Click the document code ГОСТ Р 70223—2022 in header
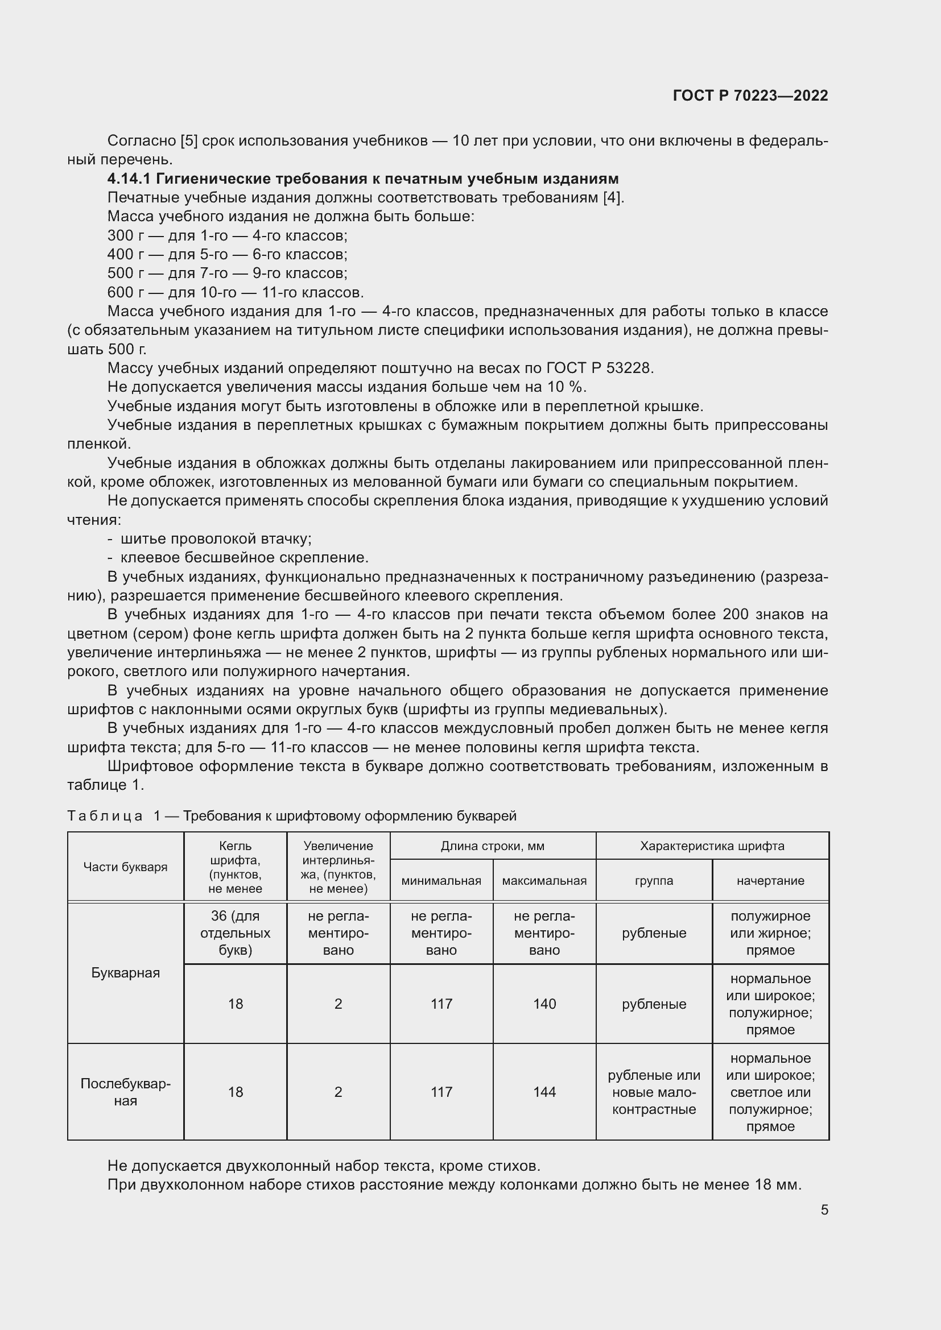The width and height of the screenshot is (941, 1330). (x=750, y=96)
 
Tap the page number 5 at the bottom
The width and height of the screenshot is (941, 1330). (x=824, y=1209)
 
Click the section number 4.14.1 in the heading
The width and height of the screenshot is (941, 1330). (x=129, y=179)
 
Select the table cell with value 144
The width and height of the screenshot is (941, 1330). (x=544, y=1092)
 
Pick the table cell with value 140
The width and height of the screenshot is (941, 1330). (x=544, y=1003)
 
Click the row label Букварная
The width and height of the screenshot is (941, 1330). (x=125, y=972)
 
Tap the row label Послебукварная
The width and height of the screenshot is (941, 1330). (x=125, y=1092)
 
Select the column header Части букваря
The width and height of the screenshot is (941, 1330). (x=125, y=867)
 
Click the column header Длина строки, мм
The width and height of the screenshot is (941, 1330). (x=493, y=846)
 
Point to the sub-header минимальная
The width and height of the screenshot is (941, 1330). (x=441, y=880)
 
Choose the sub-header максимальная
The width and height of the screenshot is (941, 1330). (x=544, y=880)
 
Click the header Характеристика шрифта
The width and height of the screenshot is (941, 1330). (x=712, y=846)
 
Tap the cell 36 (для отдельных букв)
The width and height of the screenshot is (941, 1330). (x=236, y=933)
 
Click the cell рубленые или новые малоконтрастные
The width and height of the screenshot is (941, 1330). (x=654, y=1092)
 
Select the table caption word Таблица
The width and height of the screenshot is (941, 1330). (x=105, y=816)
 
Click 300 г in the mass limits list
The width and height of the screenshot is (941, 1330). (x=126, y=236)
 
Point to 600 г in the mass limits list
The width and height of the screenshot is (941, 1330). (x=126, y=292)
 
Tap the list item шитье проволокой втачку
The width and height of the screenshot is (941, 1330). (x=216, y=538)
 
